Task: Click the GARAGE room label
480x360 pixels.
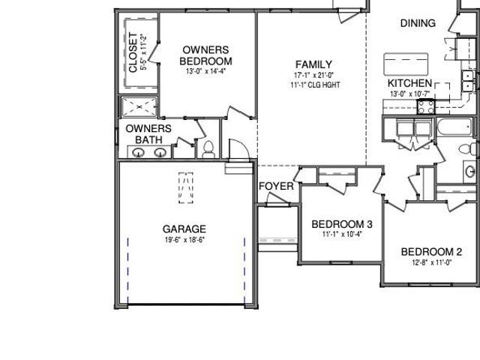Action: [x=184, y=229]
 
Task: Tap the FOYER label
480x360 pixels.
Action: [x=276, y=186]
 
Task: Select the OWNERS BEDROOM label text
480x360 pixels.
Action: [x=205, y=55]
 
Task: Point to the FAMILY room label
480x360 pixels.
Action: [x=313, y=64]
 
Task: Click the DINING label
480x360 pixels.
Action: [x=418, y=23]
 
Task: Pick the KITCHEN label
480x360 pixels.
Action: [x=409, y=83]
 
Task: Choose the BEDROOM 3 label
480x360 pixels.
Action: [x=342, y=224]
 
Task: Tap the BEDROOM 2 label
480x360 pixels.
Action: [x=431, y=252]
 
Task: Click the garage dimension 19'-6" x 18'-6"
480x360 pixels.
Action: [x=184, y=240]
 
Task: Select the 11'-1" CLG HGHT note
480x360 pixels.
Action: [x=315, y=85]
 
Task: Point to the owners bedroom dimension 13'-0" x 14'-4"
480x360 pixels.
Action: [x=205, y=71]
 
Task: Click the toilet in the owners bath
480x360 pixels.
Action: [x=208, y=149]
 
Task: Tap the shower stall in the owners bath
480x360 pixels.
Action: [x=139, y=106]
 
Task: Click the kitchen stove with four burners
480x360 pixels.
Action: [x=426, y=106]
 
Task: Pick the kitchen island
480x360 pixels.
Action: [x=406, y=64]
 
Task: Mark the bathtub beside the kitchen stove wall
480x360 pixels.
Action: [x=454, y=127]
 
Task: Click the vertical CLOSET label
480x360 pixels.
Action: [x=133, y=52]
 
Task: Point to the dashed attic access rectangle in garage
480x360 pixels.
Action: [x=186, y=188]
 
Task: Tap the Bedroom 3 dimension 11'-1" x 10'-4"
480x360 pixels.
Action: [x=342, y=235]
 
